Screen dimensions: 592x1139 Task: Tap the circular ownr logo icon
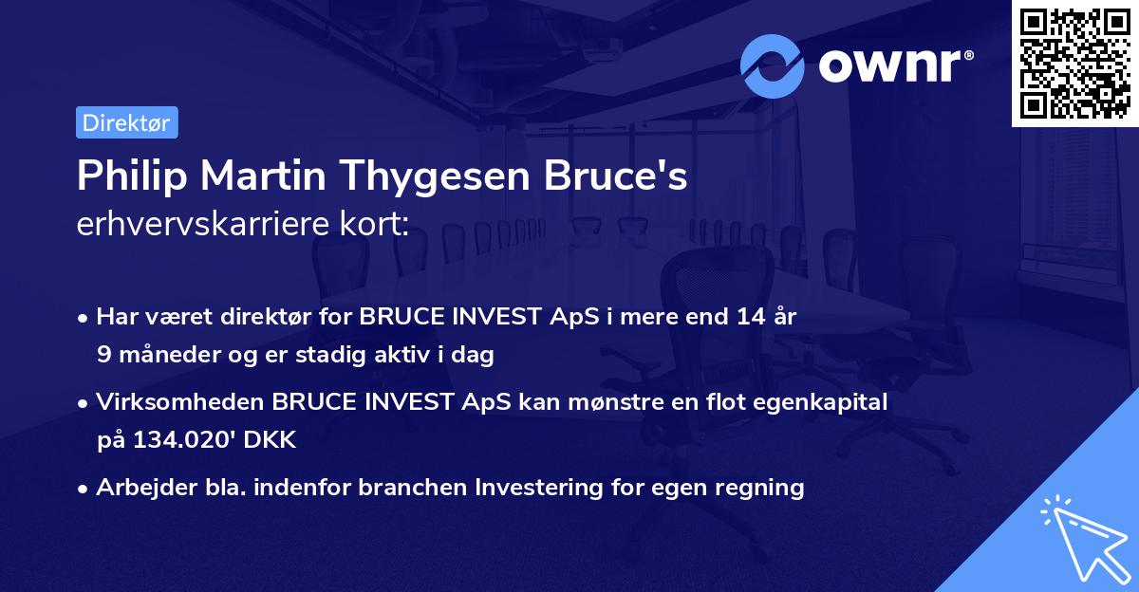point(772,66)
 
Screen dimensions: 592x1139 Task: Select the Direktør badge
point(127,122)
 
